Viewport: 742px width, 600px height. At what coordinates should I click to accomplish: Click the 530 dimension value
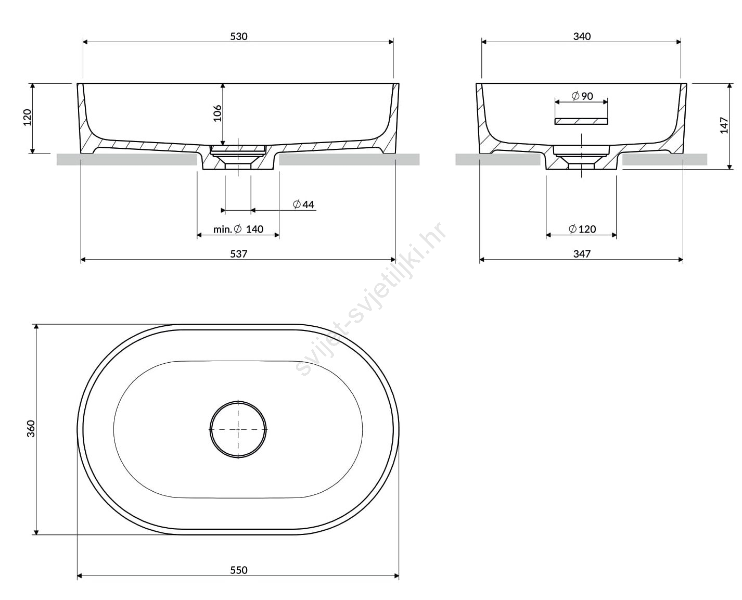pos(239,36)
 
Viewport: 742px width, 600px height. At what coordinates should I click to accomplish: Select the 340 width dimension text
pos(582,36)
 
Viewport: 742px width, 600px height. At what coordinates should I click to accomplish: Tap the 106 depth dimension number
pos(218,113)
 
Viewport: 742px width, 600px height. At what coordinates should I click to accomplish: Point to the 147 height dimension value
pos(724,125)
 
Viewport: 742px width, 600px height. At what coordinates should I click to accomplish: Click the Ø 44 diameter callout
pos(303,204)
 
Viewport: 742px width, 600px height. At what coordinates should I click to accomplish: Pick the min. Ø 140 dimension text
pos(238,229)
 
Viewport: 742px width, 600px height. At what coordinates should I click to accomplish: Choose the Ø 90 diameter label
pos(582,96)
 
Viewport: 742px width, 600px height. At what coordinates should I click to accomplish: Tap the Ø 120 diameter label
pos(582,229)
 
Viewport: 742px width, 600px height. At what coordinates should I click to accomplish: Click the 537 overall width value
pos(239,253)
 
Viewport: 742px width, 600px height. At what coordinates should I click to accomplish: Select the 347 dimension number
pos(582,253)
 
